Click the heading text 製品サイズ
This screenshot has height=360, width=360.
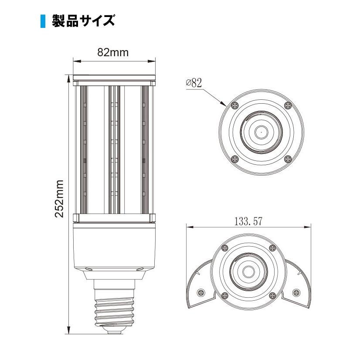click(83, 21)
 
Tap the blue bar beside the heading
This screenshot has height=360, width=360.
click(43, 21)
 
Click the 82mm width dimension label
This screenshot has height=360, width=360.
click(113, 53)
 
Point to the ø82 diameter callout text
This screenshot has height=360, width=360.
click(194, 83)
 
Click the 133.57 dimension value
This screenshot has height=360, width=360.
click(248, 221)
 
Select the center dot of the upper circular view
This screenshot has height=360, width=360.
click(261, 131)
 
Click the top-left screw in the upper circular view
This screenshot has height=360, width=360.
click(235, 105)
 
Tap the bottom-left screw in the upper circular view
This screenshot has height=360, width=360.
click(235, 160)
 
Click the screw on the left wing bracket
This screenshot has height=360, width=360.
click(200, 292)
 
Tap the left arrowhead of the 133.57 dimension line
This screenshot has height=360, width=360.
click(188, 227)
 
